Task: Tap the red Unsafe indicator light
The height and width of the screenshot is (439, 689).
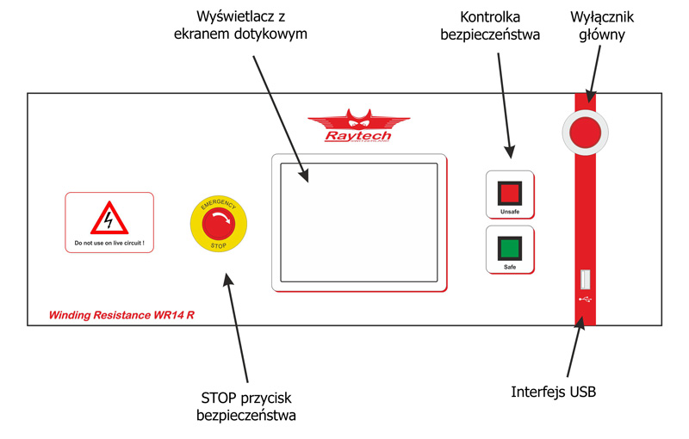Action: tap(510, 192)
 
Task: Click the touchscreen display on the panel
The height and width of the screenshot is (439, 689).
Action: tap(358, 222)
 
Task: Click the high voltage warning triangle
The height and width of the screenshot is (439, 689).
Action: tap(109, 218)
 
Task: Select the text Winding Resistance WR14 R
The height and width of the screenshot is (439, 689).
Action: tap(121, 315)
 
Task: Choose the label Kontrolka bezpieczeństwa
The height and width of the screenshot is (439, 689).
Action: tap(489, 26)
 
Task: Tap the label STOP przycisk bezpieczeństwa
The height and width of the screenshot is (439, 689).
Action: tap(246, 406)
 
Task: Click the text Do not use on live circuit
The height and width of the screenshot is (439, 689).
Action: tap(109, 244)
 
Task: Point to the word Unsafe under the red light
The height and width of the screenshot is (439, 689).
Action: tap(510, 211)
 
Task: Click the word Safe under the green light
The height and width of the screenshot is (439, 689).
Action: tap(510, 269)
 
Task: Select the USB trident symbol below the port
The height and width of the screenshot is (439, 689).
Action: tap(586, 300)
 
